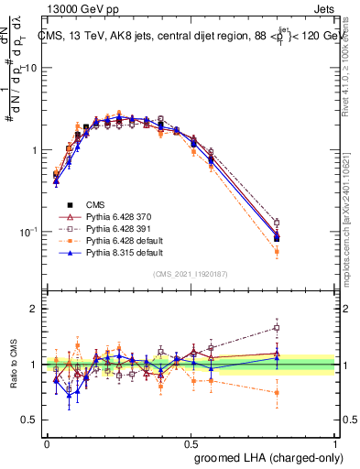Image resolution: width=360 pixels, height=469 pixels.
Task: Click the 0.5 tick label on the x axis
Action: [191, 443]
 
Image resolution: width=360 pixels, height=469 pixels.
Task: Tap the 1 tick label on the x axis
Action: [335, 443]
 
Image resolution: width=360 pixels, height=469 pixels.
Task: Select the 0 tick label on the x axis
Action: [47, 443]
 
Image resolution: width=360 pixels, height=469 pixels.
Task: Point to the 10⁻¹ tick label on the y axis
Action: [28, 232]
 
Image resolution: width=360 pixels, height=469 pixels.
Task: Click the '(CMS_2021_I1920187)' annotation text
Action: [191, 273]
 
